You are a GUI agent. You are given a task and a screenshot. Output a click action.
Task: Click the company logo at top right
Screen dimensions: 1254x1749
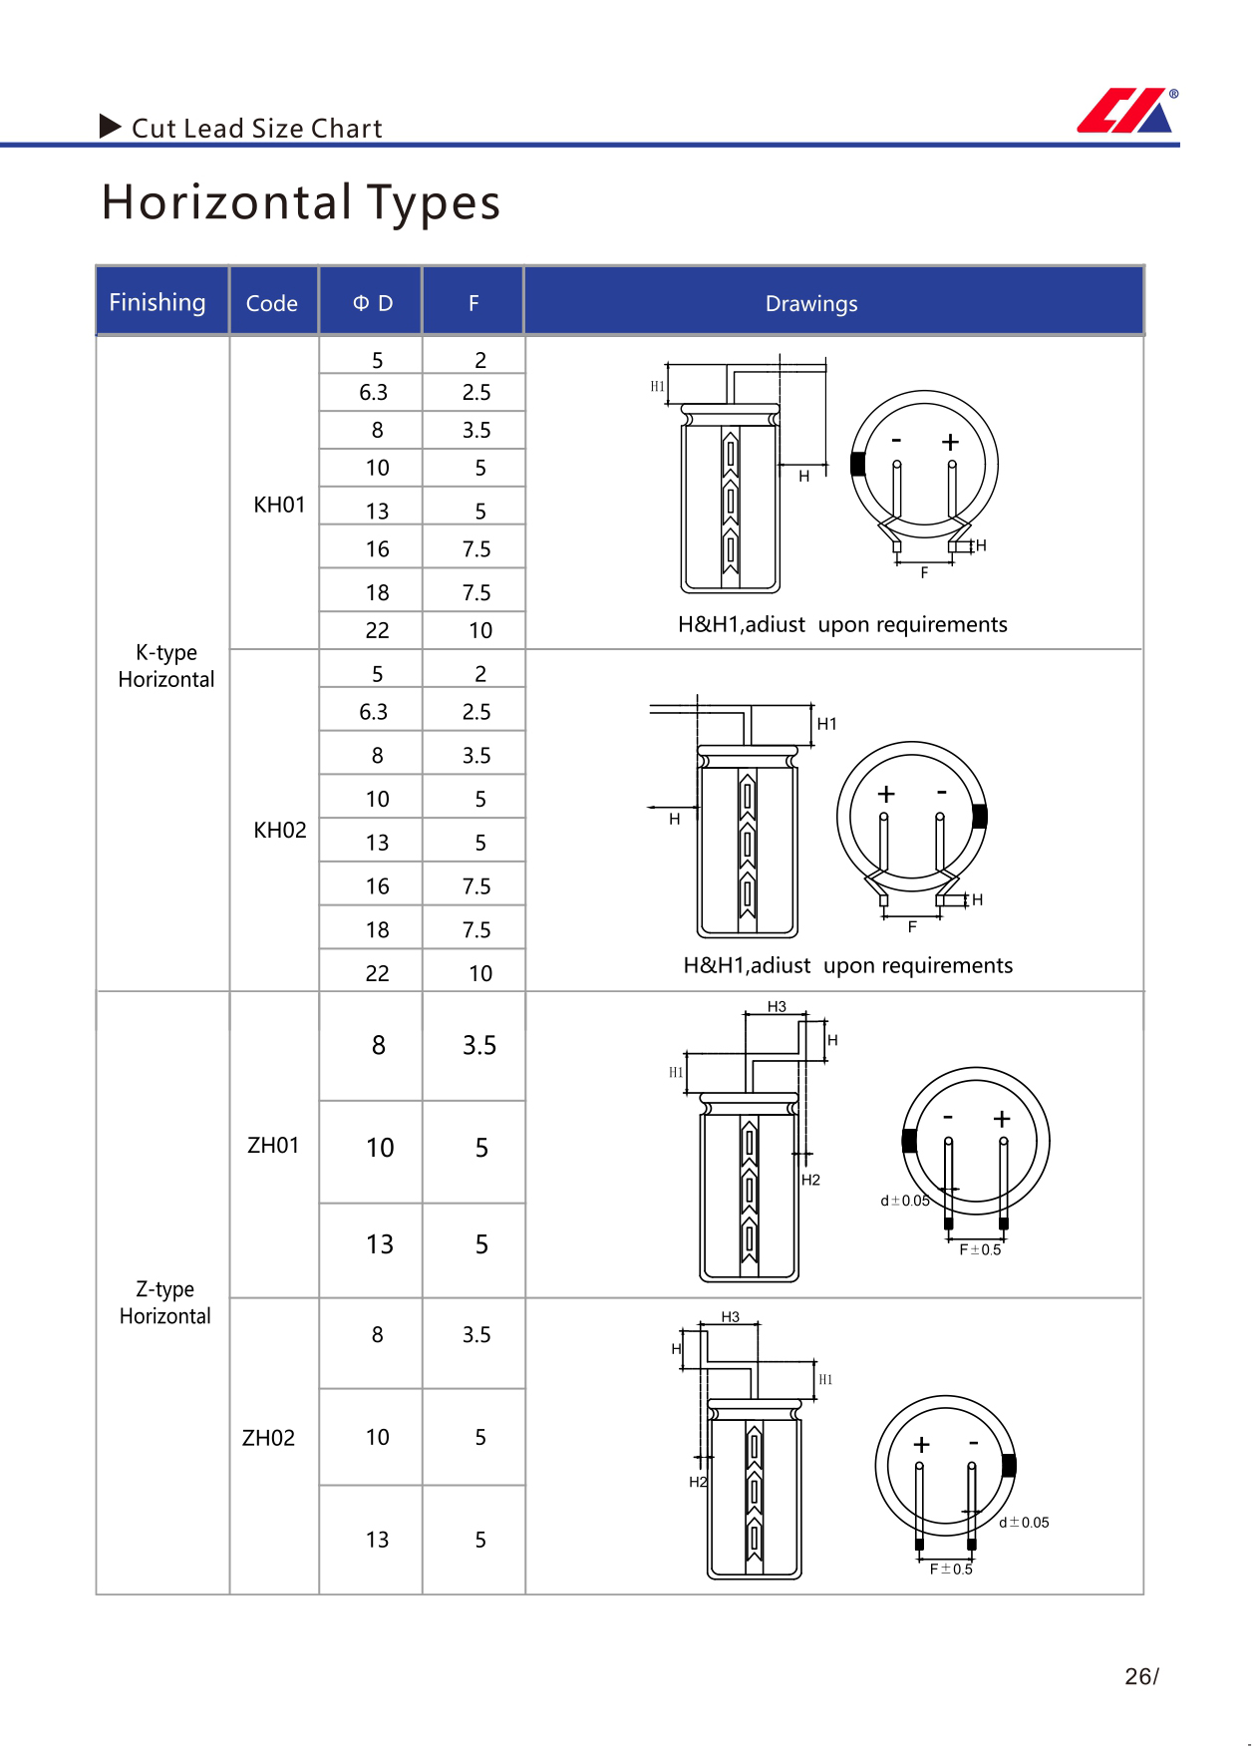coord(1126,110)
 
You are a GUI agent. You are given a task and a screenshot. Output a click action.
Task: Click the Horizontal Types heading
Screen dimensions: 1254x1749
coord(301,201)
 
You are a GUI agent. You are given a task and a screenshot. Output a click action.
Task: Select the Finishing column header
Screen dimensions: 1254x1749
coord(157,302)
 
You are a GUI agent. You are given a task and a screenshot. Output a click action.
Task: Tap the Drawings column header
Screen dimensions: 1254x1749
coord(811,303)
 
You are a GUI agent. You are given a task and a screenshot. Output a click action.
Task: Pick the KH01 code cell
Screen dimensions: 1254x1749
coord(279,505)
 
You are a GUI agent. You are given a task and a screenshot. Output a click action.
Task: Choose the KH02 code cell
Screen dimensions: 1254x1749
coord(280,830)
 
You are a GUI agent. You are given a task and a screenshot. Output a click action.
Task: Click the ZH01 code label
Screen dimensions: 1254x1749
coord(273,1145)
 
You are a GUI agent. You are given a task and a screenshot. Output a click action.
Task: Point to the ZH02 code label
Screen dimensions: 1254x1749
coord(269,1437)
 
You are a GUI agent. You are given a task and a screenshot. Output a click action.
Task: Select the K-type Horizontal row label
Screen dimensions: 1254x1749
coord(166,665)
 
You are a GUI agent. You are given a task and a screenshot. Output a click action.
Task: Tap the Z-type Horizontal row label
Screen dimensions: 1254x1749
coord(165,1302)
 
